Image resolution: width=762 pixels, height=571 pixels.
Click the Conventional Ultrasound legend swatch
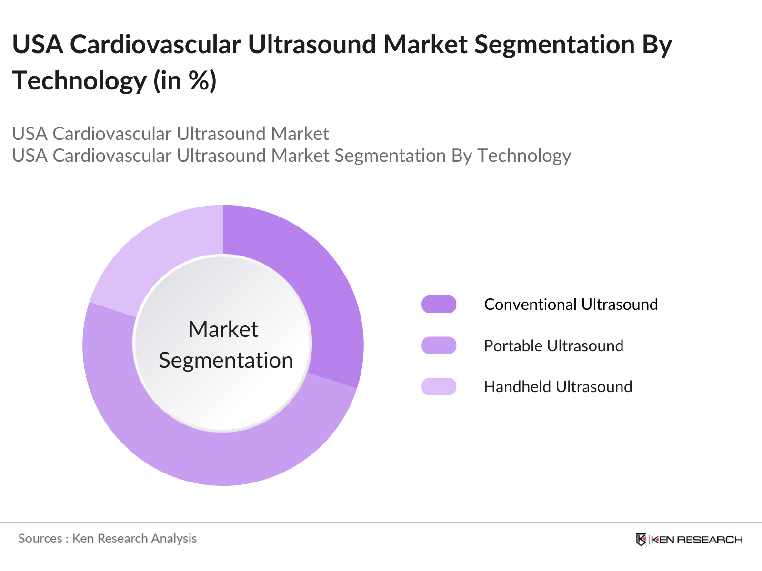click(x=439, y=305)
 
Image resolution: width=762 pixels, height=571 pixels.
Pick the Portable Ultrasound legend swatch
click(x=439, y=345)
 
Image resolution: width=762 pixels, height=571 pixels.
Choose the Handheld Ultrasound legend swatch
click(x=439, y=386)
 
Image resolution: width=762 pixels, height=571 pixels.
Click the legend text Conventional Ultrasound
click(x=571, y=305)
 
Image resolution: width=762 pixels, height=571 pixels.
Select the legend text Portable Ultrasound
click(x=554, y=345)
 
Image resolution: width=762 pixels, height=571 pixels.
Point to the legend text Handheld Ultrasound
click(x=558, y=386)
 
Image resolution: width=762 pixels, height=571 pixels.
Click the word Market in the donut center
click(x=223, y=329)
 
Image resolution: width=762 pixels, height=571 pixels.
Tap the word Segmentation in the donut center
click(x=226, y=361)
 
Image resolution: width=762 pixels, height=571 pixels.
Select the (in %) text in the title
click(x=185, y=81)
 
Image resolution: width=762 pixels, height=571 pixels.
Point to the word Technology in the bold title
click(x=80, y=81)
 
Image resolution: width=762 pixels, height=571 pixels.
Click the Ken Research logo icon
click(x=641, y=540)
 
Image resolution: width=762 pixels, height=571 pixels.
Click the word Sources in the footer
click(x=40, y=539)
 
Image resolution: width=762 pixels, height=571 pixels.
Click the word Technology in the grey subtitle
click(x=524, y=156)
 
